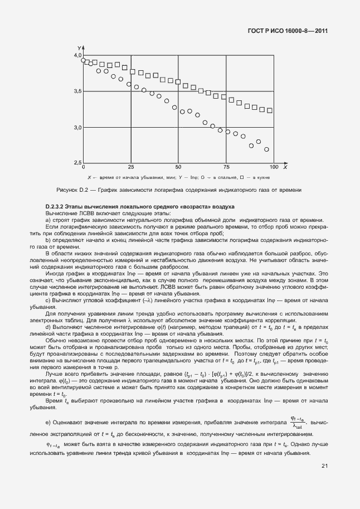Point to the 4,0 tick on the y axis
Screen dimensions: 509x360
(77, 56)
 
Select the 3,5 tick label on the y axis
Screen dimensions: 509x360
(77, 91)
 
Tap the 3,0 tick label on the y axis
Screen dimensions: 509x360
(77, 128)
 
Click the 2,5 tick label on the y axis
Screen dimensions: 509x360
(77, 162)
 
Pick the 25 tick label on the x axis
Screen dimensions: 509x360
(130, 167)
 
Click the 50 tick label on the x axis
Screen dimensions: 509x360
(178, 167)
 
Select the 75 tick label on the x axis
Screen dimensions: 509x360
(226, 167)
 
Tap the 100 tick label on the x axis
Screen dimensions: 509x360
(273, 167)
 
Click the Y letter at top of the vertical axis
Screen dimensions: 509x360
(80, 49)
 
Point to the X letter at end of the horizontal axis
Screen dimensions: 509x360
(285, 167)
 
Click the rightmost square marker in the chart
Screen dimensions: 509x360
(270, 110)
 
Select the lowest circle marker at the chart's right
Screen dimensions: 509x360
(266, 149)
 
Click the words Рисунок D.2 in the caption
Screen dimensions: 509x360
(69, 190)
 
